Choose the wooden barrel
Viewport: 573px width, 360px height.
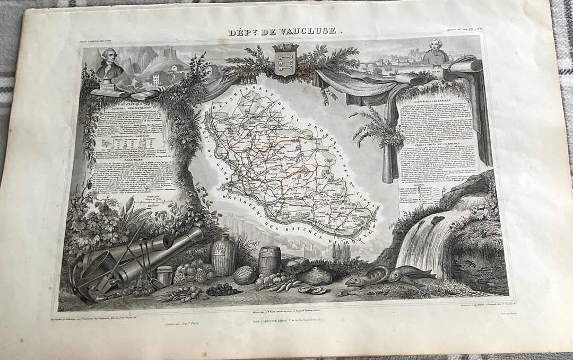[270, 260]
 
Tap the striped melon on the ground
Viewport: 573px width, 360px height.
[245, 275]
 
